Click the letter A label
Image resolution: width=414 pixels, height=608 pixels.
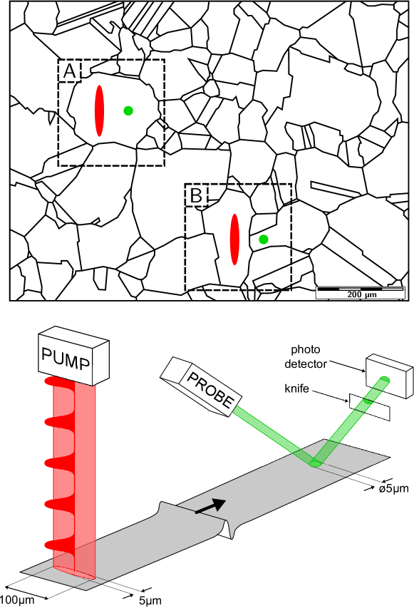pyautogui.click(x=69, y=71)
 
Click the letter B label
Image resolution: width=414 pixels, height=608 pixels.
pyautogui.click(x=196, y=195)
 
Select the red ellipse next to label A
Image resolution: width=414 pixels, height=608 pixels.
pyautogui.click(x=99, y=110)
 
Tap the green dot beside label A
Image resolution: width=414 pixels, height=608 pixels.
pyautogui.click(x=128, y=110)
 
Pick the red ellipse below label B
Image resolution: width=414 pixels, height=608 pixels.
pyautogui.click(x=234, y=239)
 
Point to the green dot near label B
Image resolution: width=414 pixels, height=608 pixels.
pyautogui.click(x=264, y=239)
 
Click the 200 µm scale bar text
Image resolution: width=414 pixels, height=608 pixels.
pyautogui.click(x=361, y=294)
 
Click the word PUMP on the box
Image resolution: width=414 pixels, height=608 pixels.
pyautogui.click(x=66, y=359)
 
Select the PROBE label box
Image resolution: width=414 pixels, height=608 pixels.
pyautogui.click(x=210, y=388)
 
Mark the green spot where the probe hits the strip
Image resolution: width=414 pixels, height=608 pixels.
pyautogui.click(x=315, y=464)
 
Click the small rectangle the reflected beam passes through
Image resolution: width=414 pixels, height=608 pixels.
pyautogui.click(x=370, y=406)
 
